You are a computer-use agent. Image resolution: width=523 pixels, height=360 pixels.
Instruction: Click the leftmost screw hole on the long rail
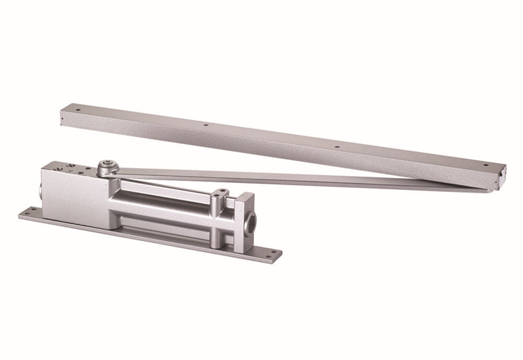pyautogui.click(x=78, y=110)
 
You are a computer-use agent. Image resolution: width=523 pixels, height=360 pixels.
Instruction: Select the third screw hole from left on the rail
pyautogui.click(x=336, y=147)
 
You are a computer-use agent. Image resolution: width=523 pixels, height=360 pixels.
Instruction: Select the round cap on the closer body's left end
pyautogui.click(x=39, y=188)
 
